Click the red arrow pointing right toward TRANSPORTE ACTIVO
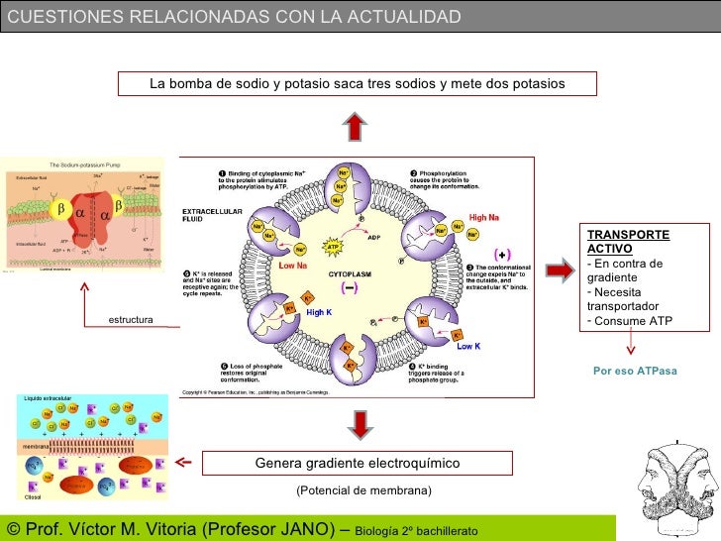coord(560,270)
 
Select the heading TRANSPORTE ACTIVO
coord(628,241)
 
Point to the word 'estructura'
coord(130,320)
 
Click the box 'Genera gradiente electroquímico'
coord(358,463)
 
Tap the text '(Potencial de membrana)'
coord(363,490)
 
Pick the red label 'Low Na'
coord(294,266)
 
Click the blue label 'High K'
coord(318,312)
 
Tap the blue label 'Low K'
coord(467,346)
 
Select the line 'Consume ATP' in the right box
coord(633,321)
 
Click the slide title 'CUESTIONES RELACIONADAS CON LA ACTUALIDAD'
coord(234,17)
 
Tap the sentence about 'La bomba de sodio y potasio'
coord(358,83)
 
